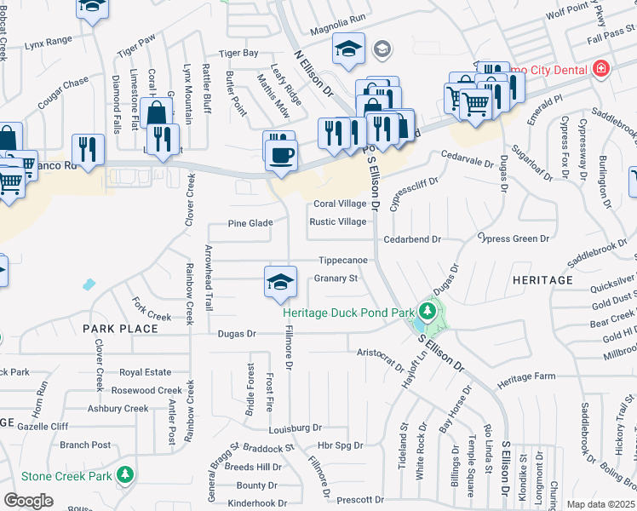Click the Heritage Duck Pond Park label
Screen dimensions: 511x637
coord(348,313)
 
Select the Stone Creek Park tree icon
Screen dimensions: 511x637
coord(125,473)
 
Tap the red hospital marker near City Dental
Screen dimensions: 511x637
coord(602,67)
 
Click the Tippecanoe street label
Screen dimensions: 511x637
coord(343,260)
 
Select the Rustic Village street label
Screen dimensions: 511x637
coord(338,222)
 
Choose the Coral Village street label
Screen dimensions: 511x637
coord(339,204)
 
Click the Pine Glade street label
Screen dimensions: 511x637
coord(250,223)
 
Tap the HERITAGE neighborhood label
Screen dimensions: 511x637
coord(542,279)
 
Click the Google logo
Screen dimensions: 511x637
coord(28,501)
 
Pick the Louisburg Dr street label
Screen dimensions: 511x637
coord(294,428)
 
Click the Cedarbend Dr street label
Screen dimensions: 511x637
coord(411,240)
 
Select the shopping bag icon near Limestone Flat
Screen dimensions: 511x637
coord(158,112)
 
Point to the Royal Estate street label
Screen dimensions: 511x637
coord(145,372)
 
